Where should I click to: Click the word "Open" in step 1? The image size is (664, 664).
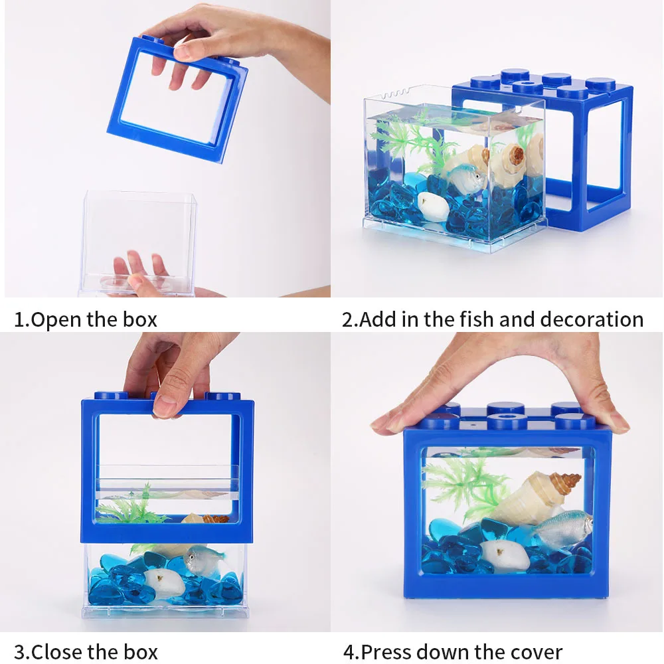56,320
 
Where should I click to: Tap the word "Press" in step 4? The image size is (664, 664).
386,652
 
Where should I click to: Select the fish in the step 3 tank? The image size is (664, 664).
203,560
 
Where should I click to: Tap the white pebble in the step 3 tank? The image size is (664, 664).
164,584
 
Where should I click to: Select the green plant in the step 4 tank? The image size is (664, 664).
463,487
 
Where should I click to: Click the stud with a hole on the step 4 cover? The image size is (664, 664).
507,421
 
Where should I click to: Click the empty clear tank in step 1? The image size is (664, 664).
139,242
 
